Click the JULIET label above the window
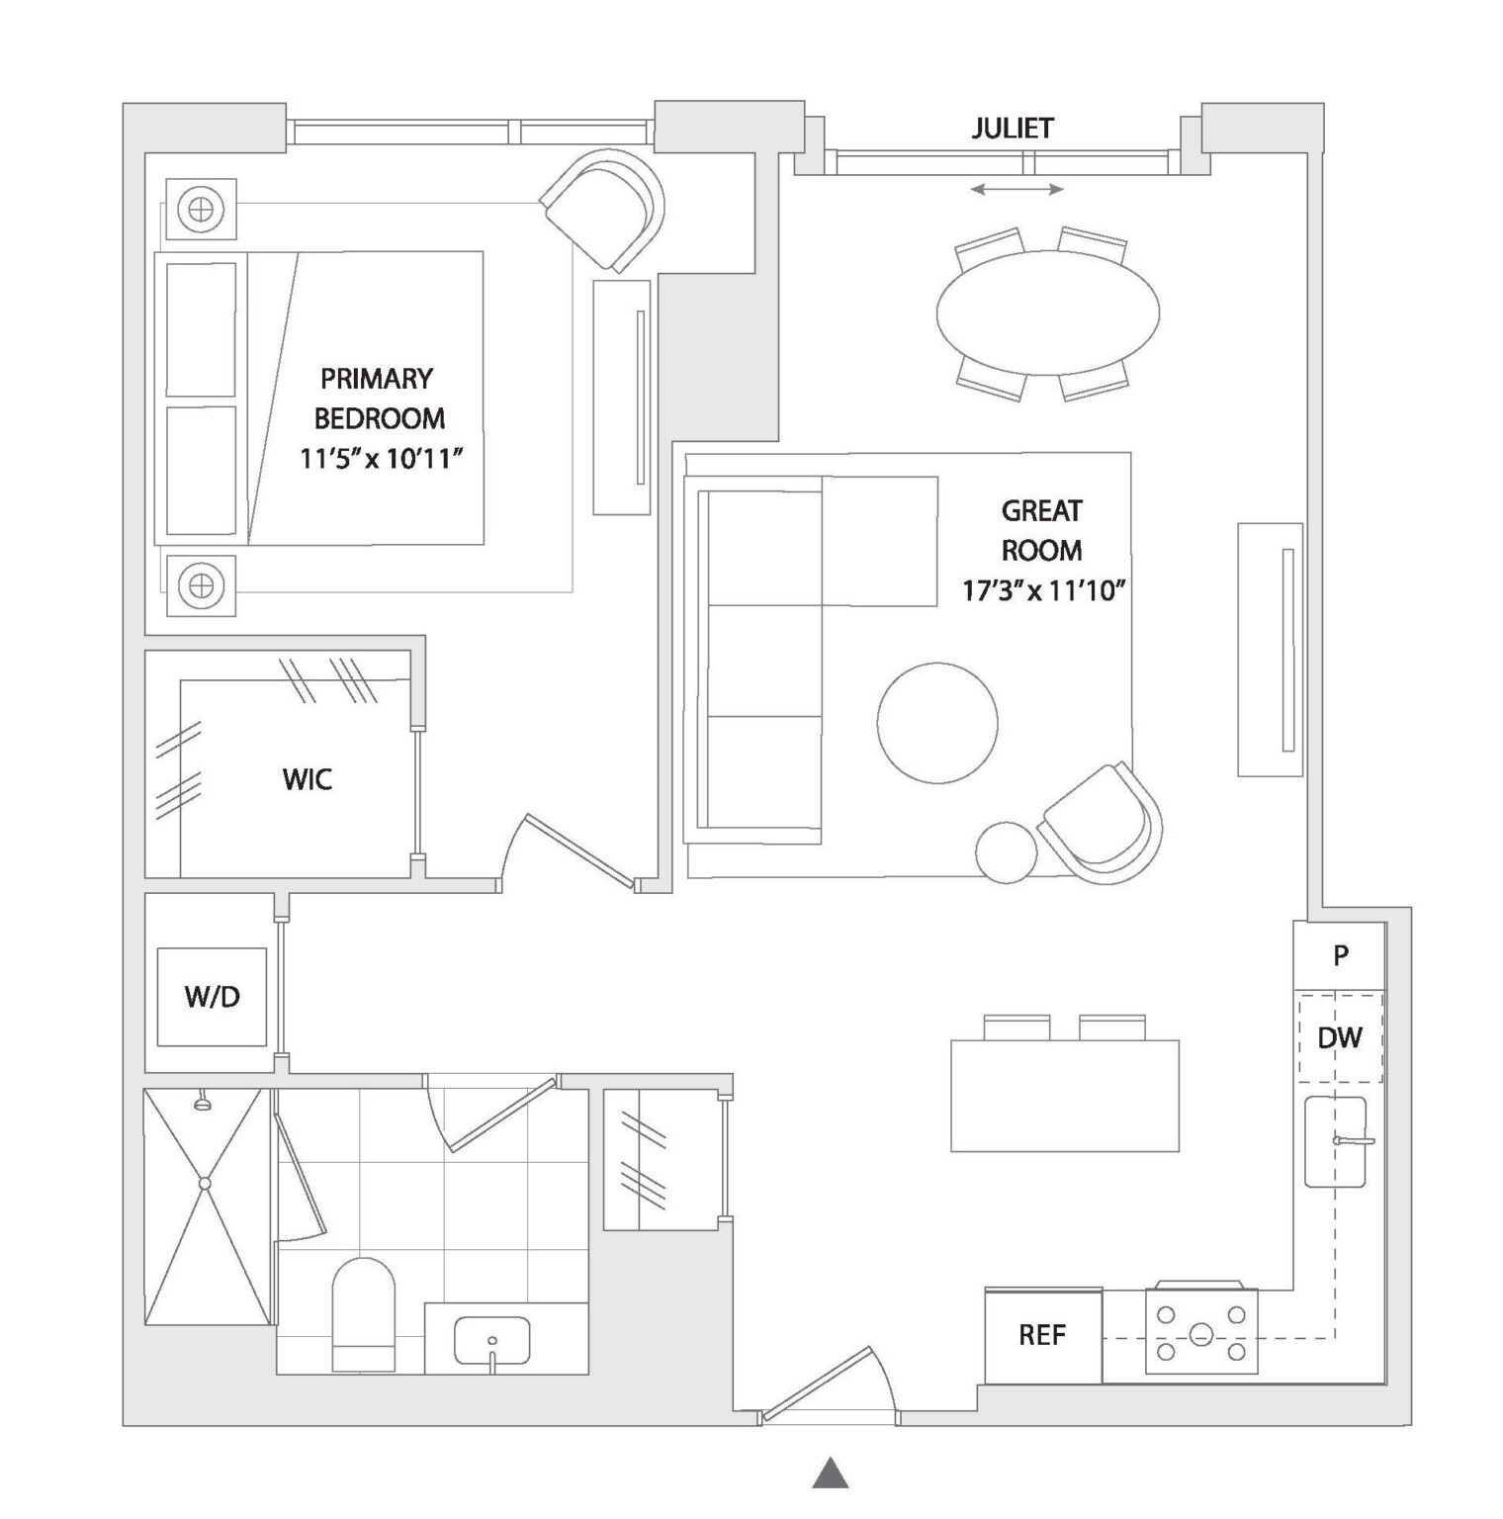pos(1012,128)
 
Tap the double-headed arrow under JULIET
pos(1017,189)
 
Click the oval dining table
pos(1047,313)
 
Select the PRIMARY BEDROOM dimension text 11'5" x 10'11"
pos(381,459)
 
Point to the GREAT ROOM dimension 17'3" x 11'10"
pos(1044,591)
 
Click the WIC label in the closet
pos(307,779)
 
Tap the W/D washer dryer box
pos(213,996)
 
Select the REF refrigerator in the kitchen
pos(1042,1335)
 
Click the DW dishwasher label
pos(1340,1037)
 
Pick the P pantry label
pos(1341,955)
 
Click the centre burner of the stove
pos(1200,1334)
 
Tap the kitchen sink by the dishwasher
pos(1335,1141)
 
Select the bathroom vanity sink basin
pos(491,1339)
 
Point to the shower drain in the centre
pos(206,1183)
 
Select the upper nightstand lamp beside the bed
pos(201,210)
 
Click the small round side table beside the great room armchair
pos(1006,851)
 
